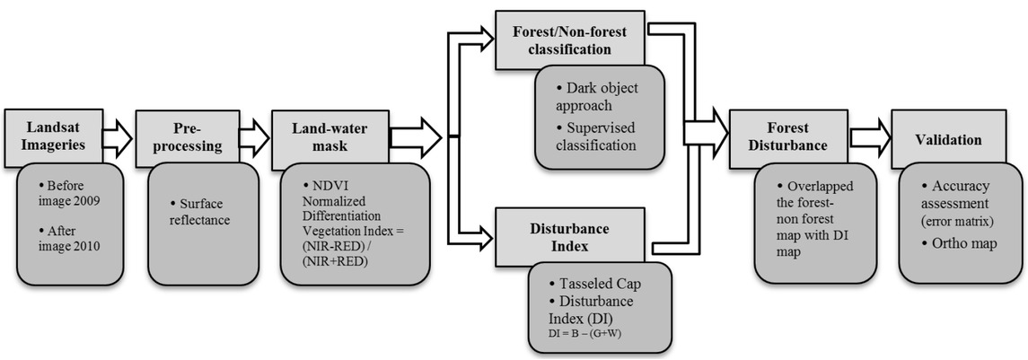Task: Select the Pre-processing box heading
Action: click(x=188, y=135)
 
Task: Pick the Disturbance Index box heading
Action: click(x=572, y=235)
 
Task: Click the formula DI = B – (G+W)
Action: click(x=584, y=334)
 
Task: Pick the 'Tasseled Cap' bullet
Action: click(x=599, y=284)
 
